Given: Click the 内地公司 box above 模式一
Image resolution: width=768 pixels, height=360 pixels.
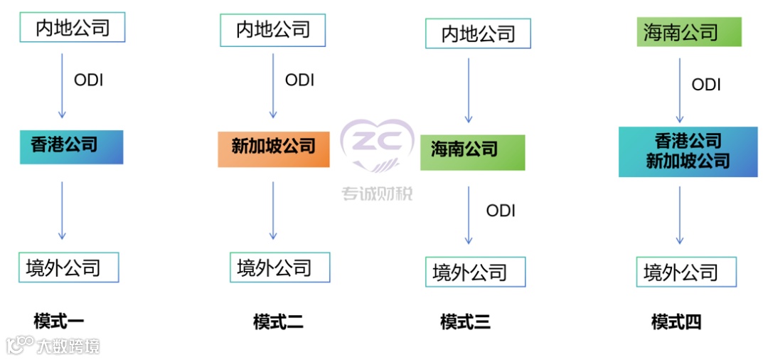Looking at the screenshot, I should (x=73, y=28).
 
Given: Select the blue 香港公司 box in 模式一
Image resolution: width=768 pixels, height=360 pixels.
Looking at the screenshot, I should (x=71, y=147).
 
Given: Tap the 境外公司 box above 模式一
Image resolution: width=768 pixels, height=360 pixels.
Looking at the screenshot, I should (x=68, y=268).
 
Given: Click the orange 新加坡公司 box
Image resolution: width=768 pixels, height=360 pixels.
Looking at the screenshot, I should (x=274, y=149).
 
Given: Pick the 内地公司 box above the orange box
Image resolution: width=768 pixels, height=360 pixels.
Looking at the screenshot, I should (x=273, y=30).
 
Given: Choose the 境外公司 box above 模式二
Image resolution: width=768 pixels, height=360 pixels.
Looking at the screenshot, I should (x=279, y=268).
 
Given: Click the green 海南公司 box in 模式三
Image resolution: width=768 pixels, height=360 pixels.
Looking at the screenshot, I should (x=472, y=152).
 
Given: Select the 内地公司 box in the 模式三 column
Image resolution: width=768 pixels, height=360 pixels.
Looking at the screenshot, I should (x=478, y=34).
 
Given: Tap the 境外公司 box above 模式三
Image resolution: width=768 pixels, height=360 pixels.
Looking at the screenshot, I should (x=476, y=272).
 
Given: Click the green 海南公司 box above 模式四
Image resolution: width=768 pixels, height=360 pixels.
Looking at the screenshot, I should (x=689, y=32).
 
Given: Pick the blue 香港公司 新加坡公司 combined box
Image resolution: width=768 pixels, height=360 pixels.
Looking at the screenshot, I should (x=688, y=152).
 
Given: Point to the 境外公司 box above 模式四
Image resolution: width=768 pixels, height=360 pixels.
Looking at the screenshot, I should (x=686, y=272).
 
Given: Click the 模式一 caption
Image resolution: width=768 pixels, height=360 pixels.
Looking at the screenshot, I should (x=59, y=321).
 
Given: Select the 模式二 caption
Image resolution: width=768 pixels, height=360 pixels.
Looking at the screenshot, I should (x=279, y=322).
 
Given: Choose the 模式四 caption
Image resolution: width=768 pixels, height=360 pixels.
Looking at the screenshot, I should (x=676, y=322).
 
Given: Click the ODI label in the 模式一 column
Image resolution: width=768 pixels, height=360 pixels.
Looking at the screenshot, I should (x=89, y=80).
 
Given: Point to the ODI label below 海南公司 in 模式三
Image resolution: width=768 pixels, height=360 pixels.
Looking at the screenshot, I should (x=501, y=211).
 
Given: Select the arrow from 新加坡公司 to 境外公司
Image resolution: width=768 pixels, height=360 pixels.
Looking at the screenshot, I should (x=273, y=211).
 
